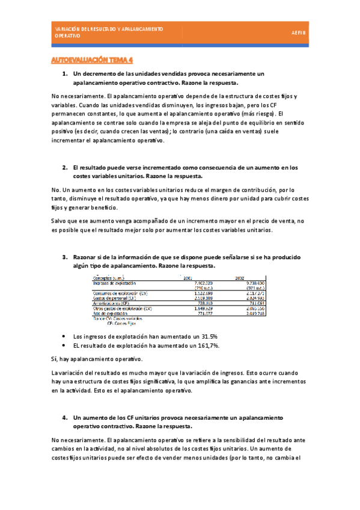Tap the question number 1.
click(65, 73)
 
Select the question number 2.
click(65, 167)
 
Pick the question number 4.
click(65, 417)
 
